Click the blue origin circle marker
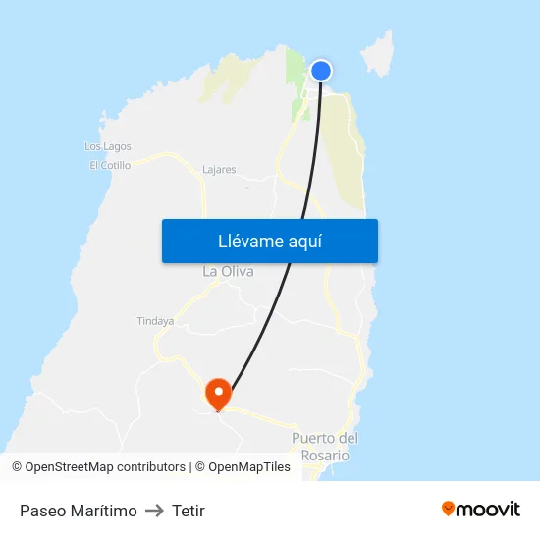(321, 71)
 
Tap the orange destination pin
(218, 394)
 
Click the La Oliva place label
(228, 271)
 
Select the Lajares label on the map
(218, 170)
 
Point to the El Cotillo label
(110, 166)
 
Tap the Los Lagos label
(108, 146)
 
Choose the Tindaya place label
(155, 321)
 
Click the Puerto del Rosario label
(325, 447)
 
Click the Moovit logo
(480, 510)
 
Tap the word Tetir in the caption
(189, 511)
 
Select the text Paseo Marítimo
(79, 511)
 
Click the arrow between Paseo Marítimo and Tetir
(154, 511)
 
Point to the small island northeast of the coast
(379, 55)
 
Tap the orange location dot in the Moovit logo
(449, 509)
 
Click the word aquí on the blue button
(304, 242)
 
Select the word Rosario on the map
(325, 456)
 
